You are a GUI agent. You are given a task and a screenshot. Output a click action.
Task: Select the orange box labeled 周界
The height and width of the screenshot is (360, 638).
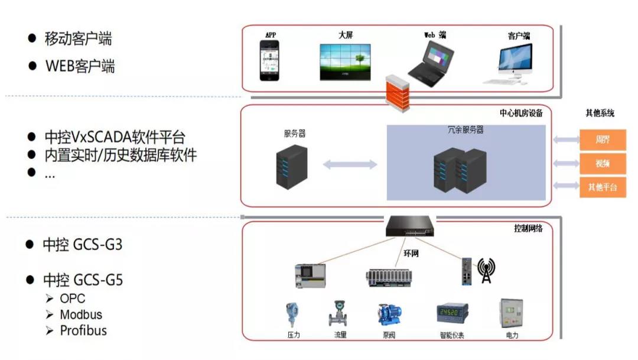click(603, 140)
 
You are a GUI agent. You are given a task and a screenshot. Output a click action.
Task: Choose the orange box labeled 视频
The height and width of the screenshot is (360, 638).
click(603, 163)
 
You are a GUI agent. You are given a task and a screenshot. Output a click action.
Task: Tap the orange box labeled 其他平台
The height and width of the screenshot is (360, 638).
click(603, 187)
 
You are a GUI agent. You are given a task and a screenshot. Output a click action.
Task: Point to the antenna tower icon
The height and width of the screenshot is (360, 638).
click(487, 271)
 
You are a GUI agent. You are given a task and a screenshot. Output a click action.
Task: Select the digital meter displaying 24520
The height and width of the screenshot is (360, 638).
click(452, 313)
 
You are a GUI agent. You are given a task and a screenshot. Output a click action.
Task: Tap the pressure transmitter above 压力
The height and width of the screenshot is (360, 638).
click(292, 315)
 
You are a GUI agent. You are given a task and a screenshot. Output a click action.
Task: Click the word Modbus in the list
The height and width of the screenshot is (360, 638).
click(81, 314)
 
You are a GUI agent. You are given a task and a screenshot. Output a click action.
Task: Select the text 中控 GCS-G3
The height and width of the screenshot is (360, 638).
click(83, 244)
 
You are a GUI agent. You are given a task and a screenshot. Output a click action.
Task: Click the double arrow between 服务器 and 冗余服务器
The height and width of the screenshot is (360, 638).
click(350, 164)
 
